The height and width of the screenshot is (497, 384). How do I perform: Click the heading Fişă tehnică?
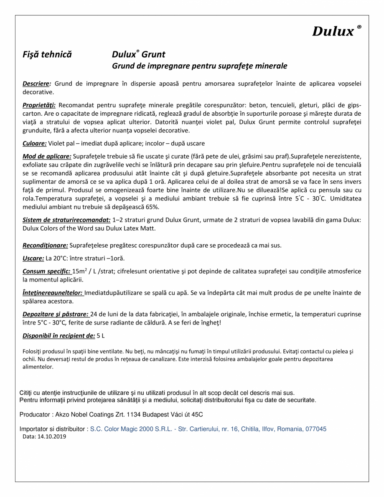pyautogui.click(x=47, y=54)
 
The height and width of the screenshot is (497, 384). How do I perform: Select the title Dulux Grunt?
pyautogui.click(x=138, y=54)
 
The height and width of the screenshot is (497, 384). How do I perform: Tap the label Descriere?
pyautogui.click(x=37, y=84)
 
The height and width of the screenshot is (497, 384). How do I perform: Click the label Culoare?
pyautogui.click(x=34, y=143)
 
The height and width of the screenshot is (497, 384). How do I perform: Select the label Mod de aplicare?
pyautogui.click(x=47, y=156)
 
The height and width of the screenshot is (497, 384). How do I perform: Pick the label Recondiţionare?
pyautogui.click(x=45, y=245)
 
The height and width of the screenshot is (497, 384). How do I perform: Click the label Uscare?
pyautogui.click(x=33, y=258)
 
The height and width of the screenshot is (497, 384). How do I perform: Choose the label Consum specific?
pyautogui.click(x=46, y=271)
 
